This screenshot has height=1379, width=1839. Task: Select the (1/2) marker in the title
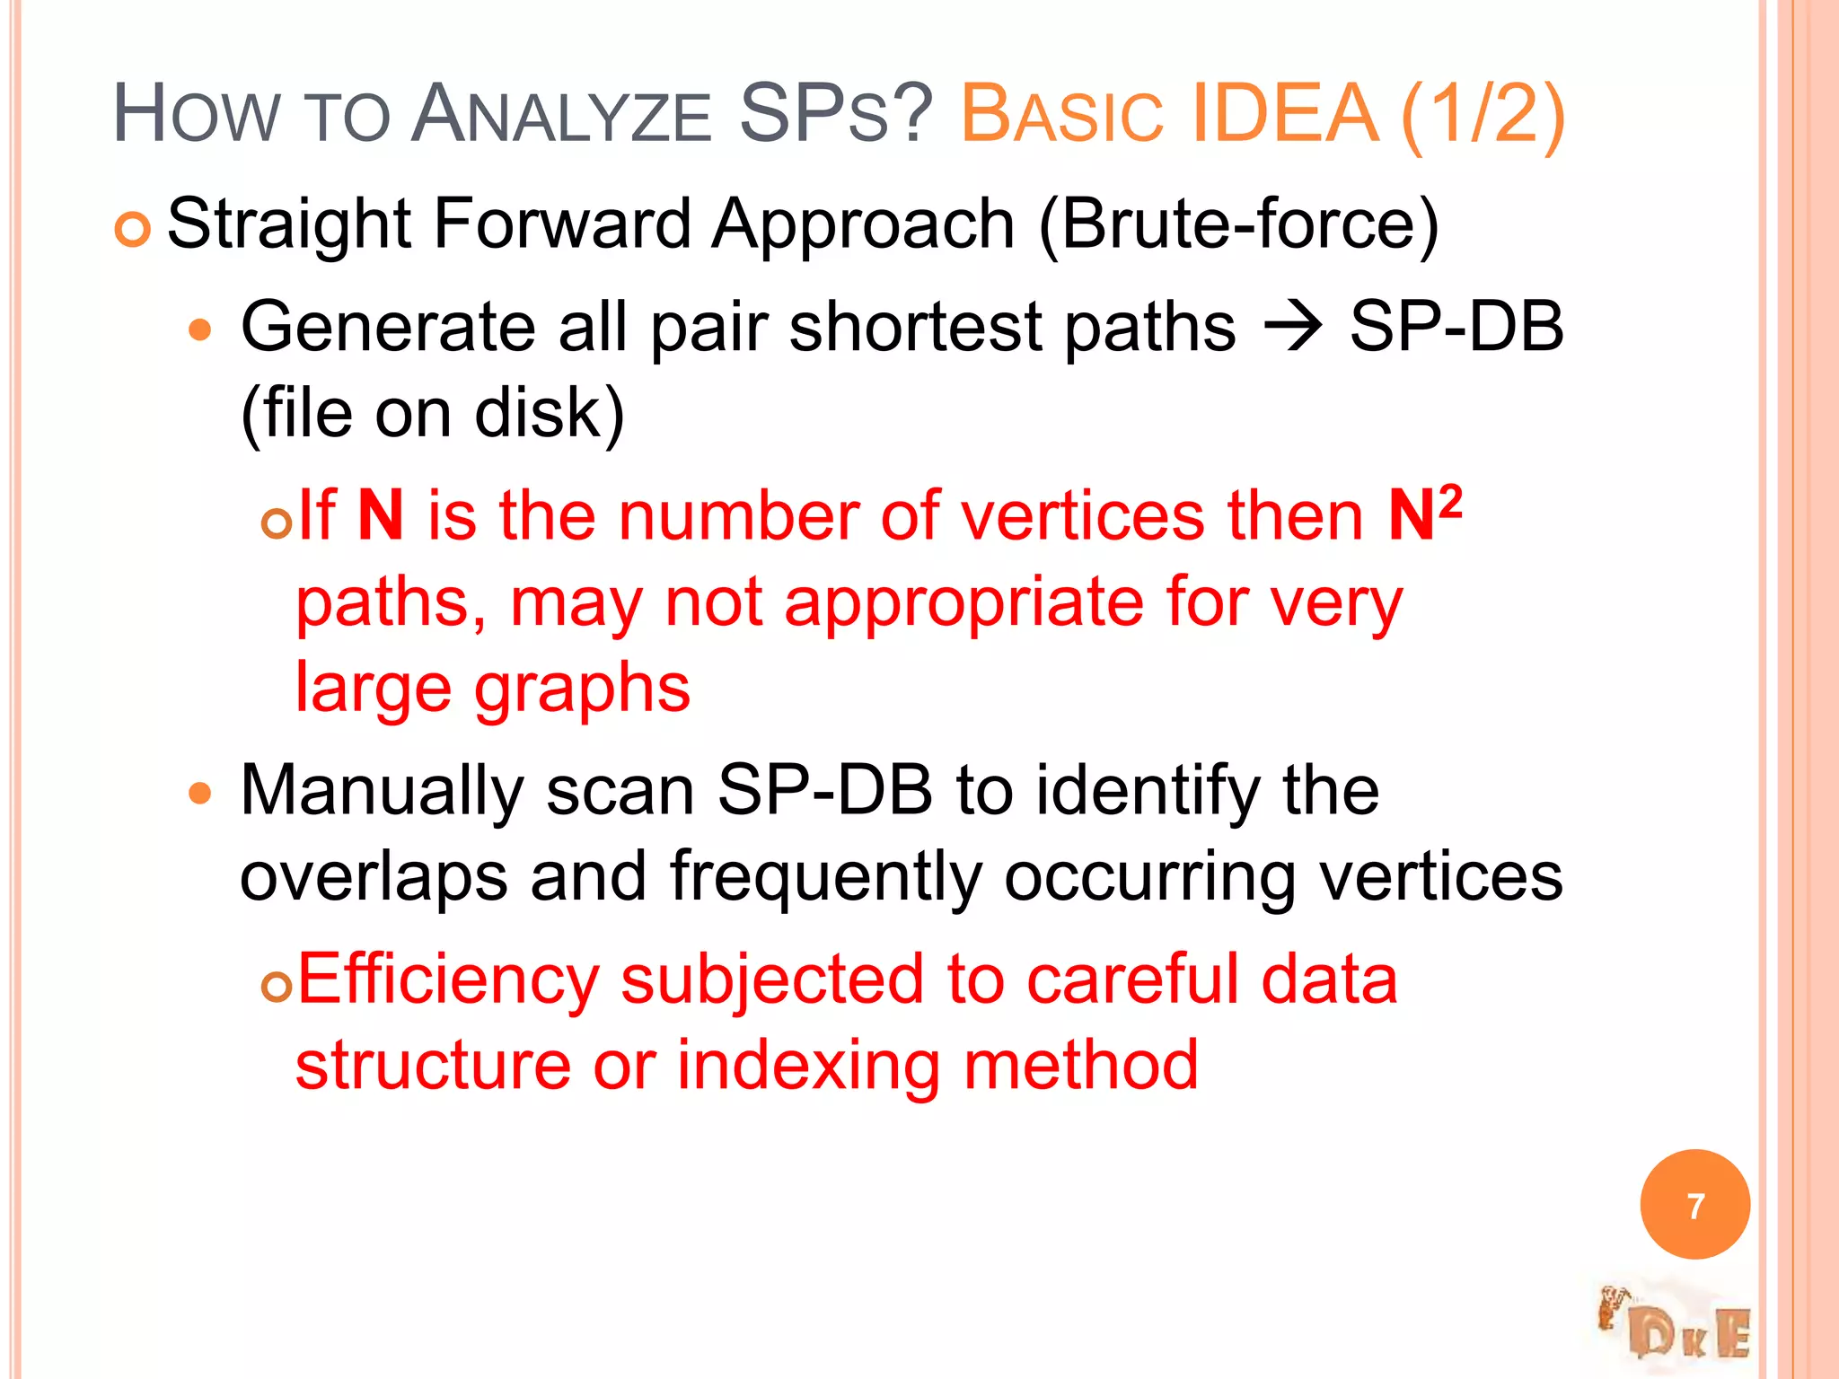(1483, 115)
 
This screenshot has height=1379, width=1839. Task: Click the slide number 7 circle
(1694, 1205)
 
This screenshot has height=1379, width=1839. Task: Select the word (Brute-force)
(1238, 224)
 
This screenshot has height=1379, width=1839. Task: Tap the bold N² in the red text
(1424, 515)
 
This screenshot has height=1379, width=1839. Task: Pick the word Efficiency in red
(448, 979)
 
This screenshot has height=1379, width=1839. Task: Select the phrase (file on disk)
(432, 414)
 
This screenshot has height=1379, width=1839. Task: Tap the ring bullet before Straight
(132, 231)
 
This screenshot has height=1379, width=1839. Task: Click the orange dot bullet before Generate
(200, 330)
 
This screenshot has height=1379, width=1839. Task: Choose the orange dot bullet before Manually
(200, 794)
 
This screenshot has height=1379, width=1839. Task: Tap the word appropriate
(963, 603)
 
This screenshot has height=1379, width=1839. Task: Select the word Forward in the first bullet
(562, 224)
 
